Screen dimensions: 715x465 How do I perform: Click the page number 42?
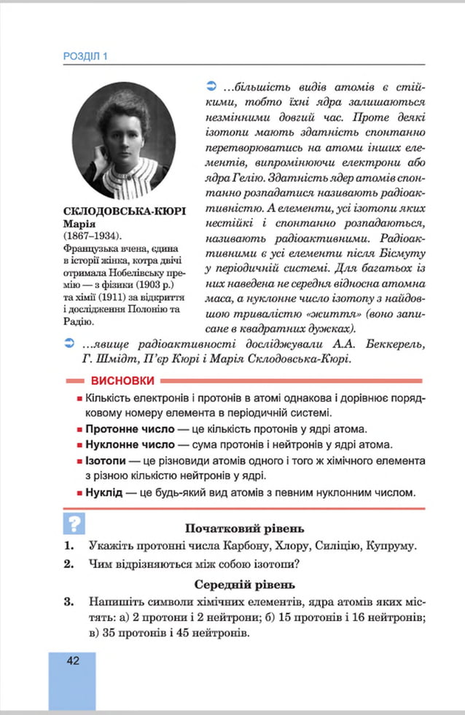pos(71,660)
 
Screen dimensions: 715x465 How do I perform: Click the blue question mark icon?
pos(75,523)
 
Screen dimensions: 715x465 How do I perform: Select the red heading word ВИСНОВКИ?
pos(122,380)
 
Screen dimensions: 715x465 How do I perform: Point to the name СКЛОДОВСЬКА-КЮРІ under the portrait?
pos(125,211)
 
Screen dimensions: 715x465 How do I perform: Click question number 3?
pos(69,601)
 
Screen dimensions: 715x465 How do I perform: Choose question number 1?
pos(69,545)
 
